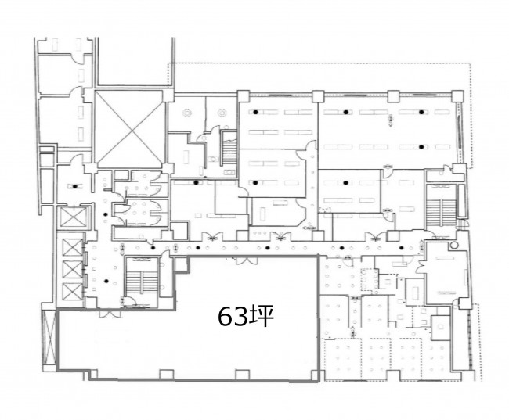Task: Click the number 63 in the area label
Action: pos(233,317)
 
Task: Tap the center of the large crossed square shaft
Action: pos(129,129)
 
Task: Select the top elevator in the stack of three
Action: pos(72,247)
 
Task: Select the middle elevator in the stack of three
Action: pos(72,269)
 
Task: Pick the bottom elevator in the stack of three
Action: pos(72,291)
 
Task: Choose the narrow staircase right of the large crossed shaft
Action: pos(229,149)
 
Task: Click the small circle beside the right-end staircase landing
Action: pos(454,245)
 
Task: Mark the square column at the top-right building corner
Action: pos(458,96)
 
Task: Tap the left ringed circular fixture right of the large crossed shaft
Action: pos(187,113)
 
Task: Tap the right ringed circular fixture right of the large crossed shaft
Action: pos(222,113)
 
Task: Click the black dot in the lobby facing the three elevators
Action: pos(106,281)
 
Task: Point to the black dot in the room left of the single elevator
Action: pos(75,186)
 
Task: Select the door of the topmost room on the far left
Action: pos(76,59)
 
